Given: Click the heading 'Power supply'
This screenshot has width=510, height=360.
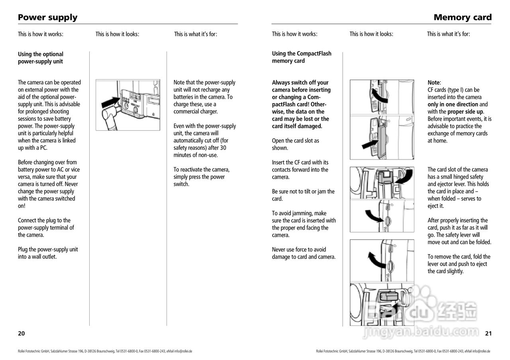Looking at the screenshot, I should click(47, 18).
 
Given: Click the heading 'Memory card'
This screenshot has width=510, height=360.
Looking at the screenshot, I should click(463, 18).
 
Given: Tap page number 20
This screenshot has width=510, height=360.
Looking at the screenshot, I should click(22, 333).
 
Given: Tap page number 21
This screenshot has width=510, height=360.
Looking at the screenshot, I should click(488, 333).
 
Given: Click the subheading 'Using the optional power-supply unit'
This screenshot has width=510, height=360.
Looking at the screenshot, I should click(40, 58).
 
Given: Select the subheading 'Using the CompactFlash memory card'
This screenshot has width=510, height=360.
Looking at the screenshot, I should click(301, 57).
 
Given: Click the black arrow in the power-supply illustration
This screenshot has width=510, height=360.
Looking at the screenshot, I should click(110, 102).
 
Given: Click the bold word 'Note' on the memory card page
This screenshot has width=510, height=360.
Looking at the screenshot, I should click(433, 83).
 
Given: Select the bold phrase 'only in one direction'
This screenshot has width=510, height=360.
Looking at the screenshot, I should click(453, 104).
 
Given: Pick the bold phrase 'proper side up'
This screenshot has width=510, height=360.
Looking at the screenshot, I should click(465, 112).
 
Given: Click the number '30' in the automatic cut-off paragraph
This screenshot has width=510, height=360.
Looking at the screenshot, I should click(223, 148).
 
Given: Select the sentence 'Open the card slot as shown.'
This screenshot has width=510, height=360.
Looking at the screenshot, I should click(295, 144).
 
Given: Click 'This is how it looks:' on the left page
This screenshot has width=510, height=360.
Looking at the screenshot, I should click(117, 34).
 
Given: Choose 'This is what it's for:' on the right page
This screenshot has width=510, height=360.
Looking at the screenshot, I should click(448, 34).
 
